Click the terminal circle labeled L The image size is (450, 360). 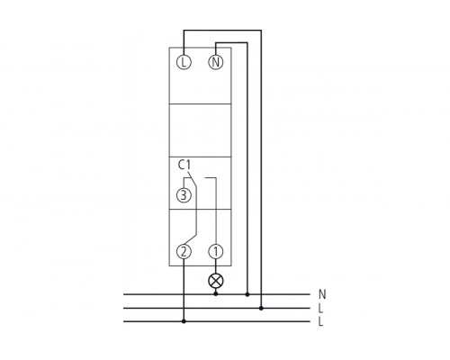[184, 62]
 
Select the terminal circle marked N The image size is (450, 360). [216, 62]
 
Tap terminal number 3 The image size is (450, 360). [184, 195]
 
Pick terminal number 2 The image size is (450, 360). [184, 252]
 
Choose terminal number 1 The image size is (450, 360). [216, 252]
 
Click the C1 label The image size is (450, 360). [184, 165]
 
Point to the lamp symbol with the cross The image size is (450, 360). [216, 281]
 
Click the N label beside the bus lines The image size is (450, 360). [322, 294]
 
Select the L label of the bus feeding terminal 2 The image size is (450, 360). [321, 322]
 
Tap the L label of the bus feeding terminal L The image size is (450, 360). [321, 308]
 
